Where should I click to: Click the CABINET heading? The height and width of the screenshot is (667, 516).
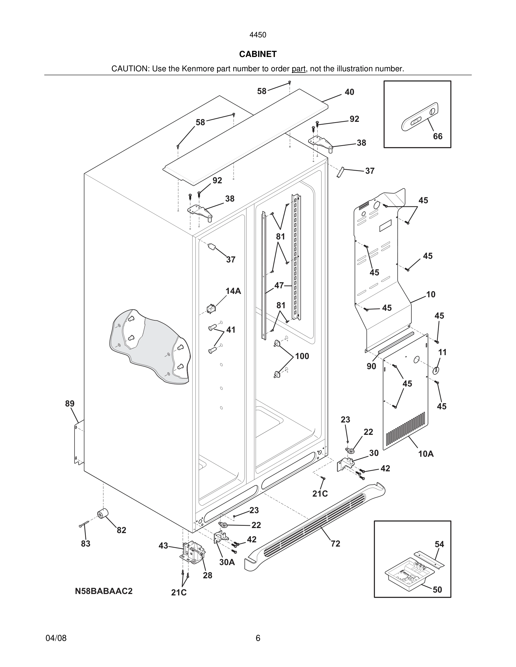(x=258, y=54)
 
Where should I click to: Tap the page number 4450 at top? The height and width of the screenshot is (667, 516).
(x=258, y=35)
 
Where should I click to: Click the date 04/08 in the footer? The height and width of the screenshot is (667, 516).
(x=56, y=638)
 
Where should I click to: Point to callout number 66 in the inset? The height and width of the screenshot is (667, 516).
(x=437, y=136)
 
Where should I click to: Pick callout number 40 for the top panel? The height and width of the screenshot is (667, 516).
(x=349, y=92)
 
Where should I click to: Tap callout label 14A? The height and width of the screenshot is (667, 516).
(x=233, y=291)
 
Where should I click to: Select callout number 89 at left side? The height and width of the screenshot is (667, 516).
(x=70, y=403)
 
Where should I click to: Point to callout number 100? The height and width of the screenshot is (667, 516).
(x=302, y=356)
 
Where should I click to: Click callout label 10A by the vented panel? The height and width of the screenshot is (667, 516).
(x=426, y=454)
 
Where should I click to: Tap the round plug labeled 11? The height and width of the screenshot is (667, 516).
(x=436, y=371)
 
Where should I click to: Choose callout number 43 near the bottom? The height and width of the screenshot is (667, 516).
(x=163, y=545)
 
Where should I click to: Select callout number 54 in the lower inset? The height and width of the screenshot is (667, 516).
(x=439, y=544)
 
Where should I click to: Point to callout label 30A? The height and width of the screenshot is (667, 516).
(x=227, y=562)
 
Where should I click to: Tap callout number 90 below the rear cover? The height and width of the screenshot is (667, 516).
(x=371, y=366)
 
